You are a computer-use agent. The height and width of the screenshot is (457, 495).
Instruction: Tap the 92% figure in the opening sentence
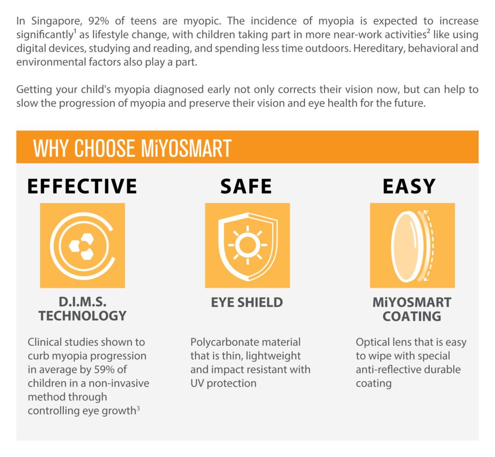(99, 21)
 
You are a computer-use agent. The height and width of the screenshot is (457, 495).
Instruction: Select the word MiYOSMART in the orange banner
(186, 148)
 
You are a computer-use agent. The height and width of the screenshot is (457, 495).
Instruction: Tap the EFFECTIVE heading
(82, 186)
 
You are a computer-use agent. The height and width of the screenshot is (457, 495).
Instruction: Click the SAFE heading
(246, 186)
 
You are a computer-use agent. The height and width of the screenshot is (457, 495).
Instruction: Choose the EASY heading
(409, 186)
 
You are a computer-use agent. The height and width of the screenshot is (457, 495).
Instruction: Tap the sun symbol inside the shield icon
(247, 245)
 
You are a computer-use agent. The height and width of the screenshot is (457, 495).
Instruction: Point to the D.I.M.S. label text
(82, 302)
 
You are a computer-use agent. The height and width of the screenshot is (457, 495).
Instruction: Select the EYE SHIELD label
(247, 303)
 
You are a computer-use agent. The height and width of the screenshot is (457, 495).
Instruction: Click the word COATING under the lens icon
(412, 316)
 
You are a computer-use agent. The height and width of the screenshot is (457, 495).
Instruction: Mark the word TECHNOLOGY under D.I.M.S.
(82, 316)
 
